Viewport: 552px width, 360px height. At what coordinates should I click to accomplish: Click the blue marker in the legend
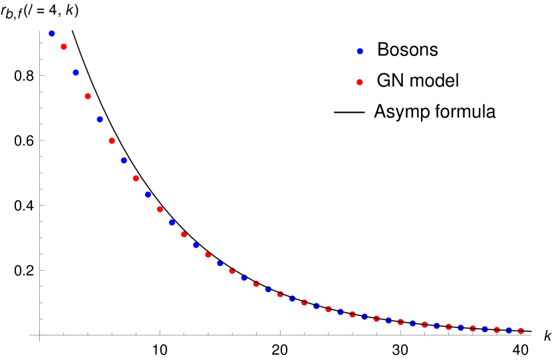click(360, 51)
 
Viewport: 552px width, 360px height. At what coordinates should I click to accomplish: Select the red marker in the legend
click(360, 83)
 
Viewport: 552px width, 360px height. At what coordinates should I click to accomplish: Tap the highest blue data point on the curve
click(52, 34)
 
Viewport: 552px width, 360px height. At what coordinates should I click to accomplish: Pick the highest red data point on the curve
click(64, 47)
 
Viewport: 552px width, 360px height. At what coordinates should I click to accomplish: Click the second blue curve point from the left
click(76, 73)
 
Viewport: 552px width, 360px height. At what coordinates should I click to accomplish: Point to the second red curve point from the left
click(88, 96)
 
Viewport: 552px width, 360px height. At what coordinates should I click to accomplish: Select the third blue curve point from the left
click(100, 120)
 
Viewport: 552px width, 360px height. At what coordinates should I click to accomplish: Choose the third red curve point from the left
click(112, 141)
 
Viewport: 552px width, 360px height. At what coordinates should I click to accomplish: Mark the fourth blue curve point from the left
click(124, 160)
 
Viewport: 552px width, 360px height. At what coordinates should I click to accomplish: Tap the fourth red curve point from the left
click(136, 178)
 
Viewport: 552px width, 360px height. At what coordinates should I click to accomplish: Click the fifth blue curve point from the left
click(148, 195)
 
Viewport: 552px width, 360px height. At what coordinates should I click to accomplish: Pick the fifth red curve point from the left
click(160, 210)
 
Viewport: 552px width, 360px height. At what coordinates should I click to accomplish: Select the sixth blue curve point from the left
click(172, 222)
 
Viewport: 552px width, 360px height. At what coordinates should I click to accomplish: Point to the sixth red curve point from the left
click(184, 235)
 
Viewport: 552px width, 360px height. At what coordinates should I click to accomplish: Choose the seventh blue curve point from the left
click(196, 246)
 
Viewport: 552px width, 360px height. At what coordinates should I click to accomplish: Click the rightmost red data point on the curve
click(521, 331)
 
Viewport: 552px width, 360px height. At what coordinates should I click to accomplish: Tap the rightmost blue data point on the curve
click(509, 330)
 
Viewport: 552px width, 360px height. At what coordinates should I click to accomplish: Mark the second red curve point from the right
click(497, 330)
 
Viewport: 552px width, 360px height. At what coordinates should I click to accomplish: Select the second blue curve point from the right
click(485, 329)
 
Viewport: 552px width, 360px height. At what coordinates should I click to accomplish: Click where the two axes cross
click(40, 335)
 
